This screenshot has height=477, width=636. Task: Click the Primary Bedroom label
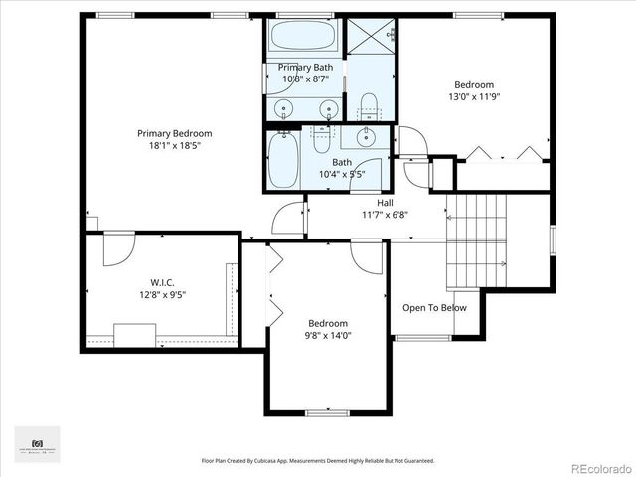point(174,133)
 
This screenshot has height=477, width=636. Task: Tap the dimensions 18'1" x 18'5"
point(174,145)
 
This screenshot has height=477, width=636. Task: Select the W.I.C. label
point(162,281)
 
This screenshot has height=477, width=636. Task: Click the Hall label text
point(384,202)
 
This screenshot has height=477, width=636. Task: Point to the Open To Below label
point(433,308)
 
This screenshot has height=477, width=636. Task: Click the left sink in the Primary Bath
point(284,108)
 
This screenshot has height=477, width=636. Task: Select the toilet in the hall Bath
point(322,140)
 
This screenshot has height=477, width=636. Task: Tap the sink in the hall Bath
point(367,138)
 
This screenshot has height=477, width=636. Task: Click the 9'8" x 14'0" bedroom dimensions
point(327,336)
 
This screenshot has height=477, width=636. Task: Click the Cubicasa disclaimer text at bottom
point(317,461)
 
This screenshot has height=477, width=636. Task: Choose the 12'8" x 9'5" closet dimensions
point(162,294)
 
